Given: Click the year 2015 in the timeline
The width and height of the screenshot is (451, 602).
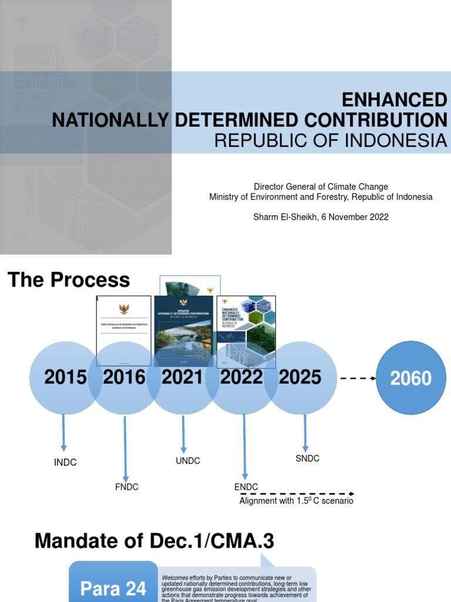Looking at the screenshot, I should point(65,377).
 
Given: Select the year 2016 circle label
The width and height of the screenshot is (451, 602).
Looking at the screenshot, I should point(124,377).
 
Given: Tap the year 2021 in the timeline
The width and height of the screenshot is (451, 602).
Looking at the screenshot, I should point(183,377).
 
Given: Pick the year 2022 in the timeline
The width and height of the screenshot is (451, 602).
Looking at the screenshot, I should point(241,377).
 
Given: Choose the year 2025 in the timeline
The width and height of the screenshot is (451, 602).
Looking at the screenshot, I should point(300,377).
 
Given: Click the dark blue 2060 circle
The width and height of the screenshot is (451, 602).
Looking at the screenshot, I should point(411,379).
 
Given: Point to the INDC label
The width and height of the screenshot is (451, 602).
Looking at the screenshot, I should point(65,463).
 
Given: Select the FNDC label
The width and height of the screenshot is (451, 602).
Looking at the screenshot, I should point(126,487).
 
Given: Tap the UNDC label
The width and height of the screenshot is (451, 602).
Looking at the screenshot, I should point(188,461).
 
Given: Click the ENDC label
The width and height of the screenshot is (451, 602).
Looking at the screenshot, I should point(246,487).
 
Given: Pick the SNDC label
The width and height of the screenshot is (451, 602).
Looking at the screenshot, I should point(307,459).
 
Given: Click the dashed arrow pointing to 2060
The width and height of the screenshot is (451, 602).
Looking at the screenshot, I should point(358,379).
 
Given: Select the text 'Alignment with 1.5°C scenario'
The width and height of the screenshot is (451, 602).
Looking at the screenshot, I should point(296,501).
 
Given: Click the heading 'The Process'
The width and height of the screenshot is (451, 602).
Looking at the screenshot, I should point(69,280).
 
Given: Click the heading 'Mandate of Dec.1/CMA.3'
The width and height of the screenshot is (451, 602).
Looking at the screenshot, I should point(154,540).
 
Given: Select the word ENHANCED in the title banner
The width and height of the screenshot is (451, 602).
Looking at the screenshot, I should point(394,99).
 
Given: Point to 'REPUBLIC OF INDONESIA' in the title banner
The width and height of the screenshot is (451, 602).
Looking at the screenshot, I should point(330,141).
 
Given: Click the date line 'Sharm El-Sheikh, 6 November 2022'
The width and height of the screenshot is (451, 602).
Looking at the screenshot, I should point(321,217).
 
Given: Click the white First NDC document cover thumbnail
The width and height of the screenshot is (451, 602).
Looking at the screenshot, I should point(123,330).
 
